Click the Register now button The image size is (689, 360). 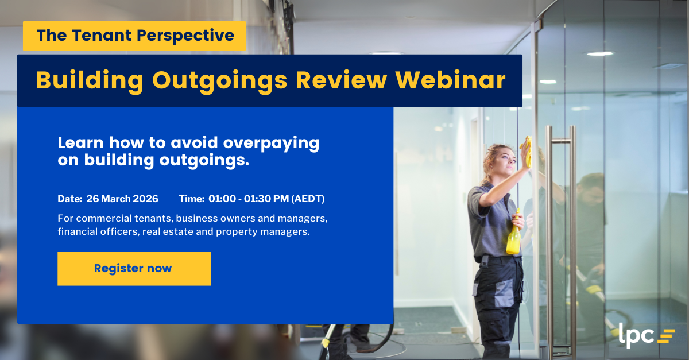pos(134,269)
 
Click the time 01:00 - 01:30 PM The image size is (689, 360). pos(249,199)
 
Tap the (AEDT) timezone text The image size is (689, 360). pos(308,199)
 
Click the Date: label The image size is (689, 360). pos(69,199)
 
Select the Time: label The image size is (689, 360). pos(191,199)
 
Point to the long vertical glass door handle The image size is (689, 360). pos(549,230)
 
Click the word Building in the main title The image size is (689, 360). pos(89,81)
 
